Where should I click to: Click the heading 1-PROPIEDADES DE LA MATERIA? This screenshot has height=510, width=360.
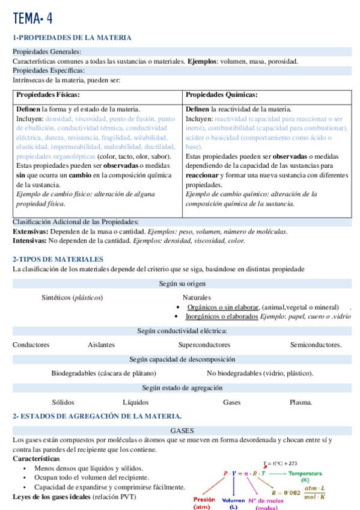coord(72,38)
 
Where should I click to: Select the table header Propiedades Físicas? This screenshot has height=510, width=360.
coord(48,95)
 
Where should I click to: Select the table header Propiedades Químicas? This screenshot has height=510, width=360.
coord(222,95)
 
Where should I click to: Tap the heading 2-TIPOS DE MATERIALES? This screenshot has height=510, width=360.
coord(58,259)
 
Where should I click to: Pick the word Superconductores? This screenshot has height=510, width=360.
coord(204,345)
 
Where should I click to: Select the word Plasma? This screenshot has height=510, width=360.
coord(301,402)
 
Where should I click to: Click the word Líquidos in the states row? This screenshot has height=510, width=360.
coord(136,402)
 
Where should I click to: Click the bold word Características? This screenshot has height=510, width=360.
coord(37,458)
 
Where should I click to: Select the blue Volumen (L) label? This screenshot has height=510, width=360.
coord(234,503)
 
